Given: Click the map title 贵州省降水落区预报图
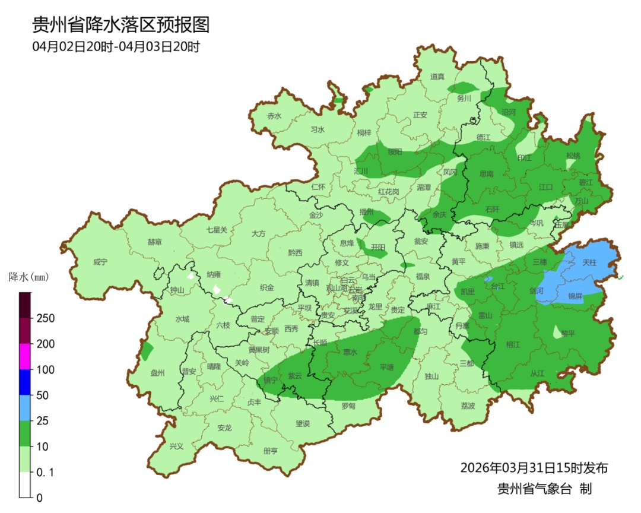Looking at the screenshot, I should pos(121,25).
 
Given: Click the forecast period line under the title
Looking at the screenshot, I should pos(116,47).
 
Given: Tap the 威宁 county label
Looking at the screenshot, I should pos(101,262).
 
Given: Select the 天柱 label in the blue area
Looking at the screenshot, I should pos(588,262).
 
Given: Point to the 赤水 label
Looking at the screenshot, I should pos(274,116).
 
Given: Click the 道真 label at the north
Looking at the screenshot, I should pos(437,77).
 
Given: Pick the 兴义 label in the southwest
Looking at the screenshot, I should pos(176,446).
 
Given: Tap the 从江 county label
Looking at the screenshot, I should pos(537,373).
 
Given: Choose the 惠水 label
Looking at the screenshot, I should pos(351,352).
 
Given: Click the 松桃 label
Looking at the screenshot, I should pos(573,156).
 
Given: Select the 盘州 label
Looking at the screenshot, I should pos(157,373).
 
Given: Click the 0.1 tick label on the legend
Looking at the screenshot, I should pos(46,472).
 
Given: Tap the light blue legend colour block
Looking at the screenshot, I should pos(25,408).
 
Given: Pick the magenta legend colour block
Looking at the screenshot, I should pos(25,356).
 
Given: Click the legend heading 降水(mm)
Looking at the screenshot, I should pos(28,277).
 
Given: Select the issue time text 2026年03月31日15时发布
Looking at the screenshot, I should pos(534,468).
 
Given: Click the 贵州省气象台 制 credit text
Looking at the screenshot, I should pos(544,489).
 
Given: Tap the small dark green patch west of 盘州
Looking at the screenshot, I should pos(147,351).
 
